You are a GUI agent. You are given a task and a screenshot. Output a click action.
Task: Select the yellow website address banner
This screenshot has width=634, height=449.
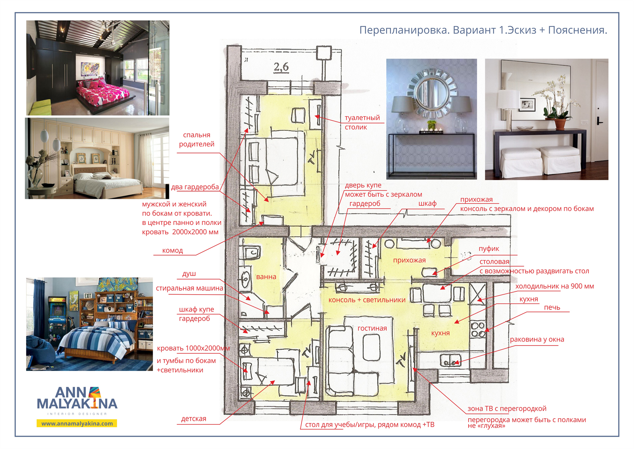click(77, 423)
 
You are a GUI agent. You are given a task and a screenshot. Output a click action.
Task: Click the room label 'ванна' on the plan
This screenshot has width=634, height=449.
click(266, 277)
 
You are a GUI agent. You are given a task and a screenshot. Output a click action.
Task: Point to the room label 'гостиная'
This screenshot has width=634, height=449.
click(372, 328)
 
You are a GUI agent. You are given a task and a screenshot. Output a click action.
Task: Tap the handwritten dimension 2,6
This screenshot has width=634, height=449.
click(281, 67)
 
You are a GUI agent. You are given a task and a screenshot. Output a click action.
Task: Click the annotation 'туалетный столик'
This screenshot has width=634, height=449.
click(362, 122)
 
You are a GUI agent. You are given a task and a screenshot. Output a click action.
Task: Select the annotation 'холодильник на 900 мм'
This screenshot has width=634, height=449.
click(555, 286)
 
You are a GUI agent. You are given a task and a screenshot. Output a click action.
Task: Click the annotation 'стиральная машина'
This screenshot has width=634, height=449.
click(190, 288)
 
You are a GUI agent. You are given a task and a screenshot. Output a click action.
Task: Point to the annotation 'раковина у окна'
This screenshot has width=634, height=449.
click(537, 339)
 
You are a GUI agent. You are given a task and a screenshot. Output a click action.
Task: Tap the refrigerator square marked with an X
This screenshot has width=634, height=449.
click(478, 294)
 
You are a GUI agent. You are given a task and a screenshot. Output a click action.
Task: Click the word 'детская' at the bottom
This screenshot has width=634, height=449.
click(194, 419)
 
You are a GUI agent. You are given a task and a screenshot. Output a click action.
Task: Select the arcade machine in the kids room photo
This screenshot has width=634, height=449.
click(57, 318)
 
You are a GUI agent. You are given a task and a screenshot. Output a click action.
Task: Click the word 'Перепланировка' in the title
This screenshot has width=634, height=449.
click(404, 30)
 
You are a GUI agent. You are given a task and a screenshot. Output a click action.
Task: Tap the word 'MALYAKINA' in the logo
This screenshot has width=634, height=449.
click(77, 404)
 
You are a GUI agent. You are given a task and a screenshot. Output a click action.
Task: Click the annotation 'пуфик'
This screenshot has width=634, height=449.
click(489, 249)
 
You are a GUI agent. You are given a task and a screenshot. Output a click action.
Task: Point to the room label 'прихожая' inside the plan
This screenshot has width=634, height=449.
click(409, 260)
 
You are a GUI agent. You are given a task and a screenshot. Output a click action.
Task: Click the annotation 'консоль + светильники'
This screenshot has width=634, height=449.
click(367, 300)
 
